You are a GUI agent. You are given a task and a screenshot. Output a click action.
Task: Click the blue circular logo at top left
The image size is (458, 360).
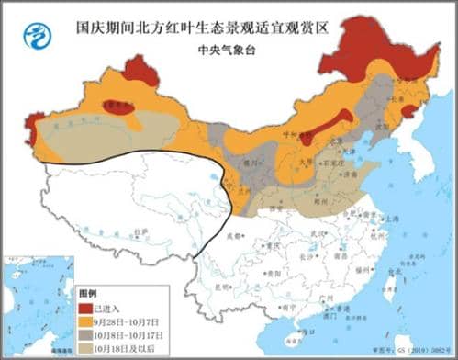tap(36, 38)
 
